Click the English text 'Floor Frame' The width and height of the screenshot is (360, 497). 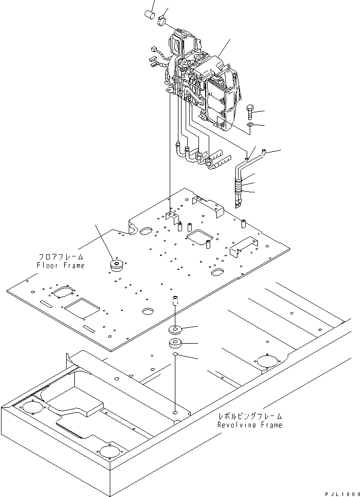(61, 265)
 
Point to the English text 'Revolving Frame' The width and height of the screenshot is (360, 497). (249, 425)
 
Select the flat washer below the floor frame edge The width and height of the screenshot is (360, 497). (175, 329)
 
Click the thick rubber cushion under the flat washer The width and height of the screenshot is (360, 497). (175, 344)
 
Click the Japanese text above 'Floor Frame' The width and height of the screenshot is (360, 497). (61, 256)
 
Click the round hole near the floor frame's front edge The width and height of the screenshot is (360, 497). (148, 311)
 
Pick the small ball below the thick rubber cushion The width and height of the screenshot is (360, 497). (175, 354)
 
